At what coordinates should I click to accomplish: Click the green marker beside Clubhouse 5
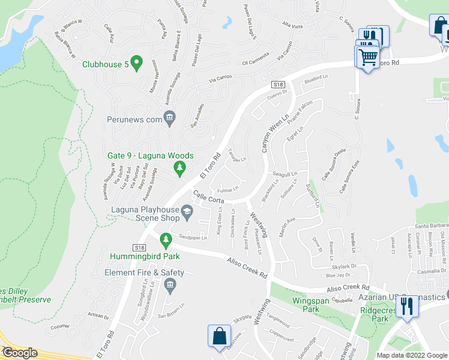137,63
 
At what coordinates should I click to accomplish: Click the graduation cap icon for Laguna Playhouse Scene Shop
187,210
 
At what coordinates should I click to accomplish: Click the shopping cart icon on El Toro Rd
367,58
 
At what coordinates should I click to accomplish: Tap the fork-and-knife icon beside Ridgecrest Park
408,306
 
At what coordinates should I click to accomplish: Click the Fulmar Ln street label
228,191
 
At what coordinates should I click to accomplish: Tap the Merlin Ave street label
288,223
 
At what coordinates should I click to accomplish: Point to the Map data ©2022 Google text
412,355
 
